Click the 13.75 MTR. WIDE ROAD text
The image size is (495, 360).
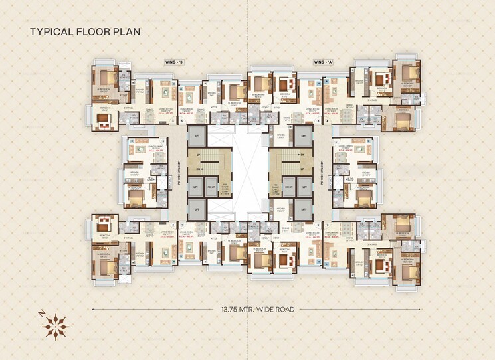(x=247, y=309)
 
